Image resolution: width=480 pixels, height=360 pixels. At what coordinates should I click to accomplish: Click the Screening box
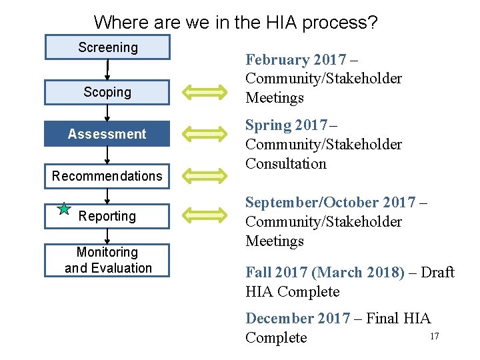click(107, 47)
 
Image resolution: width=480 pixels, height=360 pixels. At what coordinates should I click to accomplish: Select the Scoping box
click(107, 92)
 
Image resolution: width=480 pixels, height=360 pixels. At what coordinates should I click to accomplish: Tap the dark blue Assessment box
click(107, 134)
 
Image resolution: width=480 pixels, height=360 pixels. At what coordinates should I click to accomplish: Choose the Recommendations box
click(107, 176)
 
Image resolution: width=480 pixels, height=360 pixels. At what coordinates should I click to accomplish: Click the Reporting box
click(107, 216)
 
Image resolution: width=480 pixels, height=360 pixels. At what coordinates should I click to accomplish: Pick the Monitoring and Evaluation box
click(107, 260)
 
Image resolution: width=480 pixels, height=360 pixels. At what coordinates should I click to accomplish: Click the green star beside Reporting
click(64, 209)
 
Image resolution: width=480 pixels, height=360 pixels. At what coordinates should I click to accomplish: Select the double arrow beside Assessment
click(206, 134)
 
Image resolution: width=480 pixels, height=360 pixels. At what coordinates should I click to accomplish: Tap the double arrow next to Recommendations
click(206, 176)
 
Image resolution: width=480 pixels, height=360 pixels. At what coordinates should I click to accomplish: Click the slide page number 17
click(434, 336)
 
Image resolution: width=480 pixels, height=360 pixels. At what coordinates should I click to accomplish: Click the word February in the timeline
click(274, 60)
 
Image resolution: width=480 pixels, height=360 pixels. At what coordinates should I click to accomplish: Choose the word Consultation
click(286, 164)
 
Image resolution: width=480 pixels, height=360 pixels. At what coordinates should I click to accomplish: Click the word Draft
click(437, 273)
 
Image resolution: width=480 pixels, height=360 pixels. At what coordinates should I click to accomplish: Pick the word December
click(277, 319)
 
